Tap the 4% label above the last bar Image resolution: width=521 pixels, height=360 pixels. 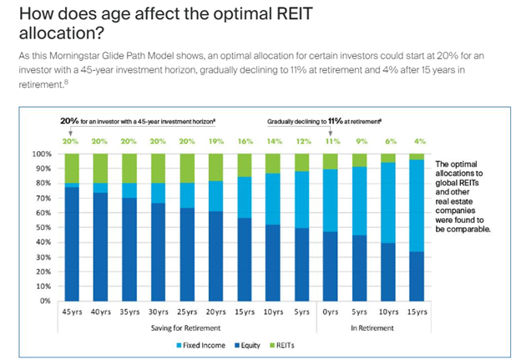pos(420,142)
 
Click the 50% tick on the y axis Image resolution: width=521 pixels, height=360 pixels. pos(48,227)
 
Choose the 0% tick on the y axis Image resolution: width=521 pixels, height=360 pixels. pos(49,300)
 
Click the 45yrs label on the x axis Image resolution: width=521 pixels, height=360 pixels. pos(72,311)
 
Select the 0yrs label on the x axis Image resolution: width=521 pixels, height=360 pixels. pos(330,311)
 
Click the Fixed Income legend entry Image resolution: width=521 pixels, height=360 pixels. pos(197,343)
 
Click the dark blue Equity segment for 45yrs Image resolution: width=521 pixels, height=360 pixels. pos(72,243)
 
